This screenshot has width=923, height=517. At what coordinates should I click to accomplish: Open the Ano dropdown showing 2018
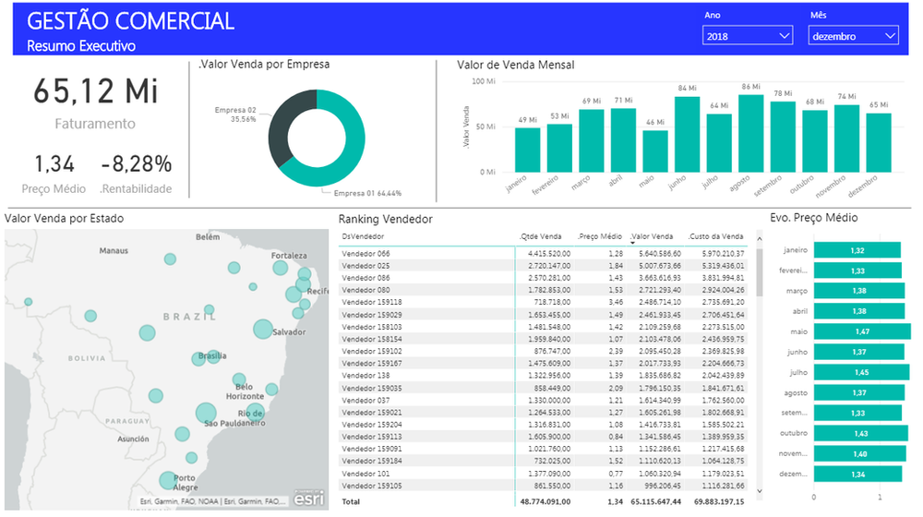click(747, 36)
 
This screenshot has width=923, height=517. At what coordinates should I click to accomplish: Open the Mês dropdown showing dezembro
click(853, 36)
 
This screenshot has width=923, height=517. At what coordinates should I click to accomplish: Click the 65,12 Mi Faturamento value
click(96, 91)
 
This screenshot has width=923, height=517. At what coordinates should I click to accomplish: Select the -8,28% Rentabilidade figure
click(137, 164)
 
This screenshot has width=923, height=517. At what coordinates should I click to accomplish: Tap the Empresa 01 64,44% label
click(367, 193)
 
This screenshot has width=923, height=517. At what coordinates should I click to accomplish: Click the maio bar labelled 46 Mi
click(655, 150)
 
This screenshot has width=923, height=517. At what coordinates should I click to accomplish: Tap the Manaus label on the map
click(114, 250)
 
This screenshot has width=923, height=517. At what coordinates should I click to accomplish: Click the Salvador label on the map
click(288, 331)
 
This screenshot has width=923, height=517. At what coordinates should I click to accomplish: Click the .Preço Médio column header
click(600, 236)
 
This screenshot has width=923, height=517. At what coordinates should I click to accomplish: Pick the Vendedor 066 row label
click(366, 253)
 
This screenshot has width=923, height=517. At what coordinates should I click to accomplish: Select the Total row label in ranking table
click(352, 503)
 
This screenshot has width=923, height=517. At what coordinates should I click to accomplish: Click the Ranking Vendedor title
click(385, 219)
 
